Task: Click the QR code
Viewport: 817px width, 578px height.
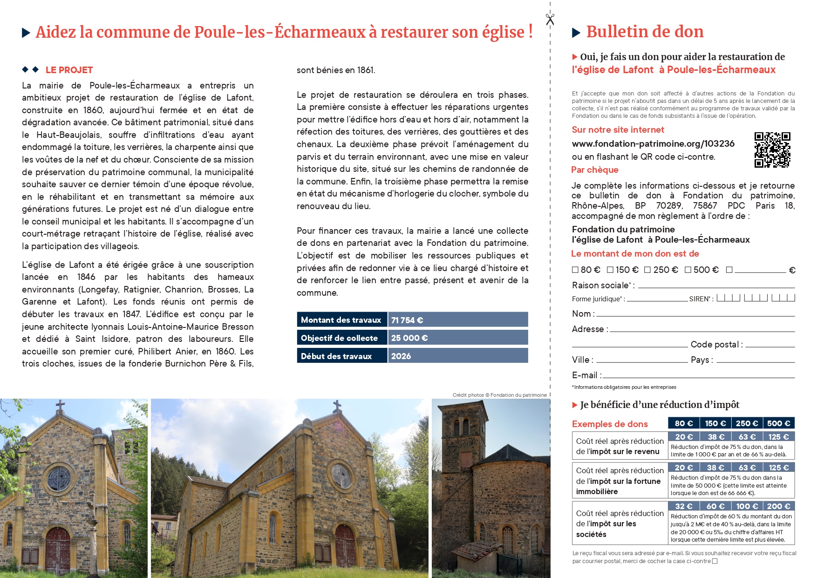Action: (772, 150)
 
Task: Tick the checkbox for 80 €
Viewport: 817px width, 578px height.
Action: (575, 270)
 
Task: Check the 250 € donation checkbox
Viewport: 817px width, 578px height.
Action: (647, 270)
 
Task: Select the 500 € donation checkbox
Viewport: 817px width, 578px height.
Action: (688, 270)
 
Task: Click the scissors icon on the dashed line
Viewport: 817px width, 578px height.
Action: (550, 19)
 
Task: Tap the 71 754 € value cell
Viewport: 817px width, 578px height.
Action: (458, 320)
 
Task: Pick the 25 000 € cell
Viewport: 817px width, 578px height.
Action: (458, 338)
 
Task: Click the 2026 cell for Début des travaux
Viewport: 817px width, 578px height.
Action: (458, 356)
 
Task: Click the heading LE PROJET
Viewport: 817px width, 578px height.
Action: (69, 70)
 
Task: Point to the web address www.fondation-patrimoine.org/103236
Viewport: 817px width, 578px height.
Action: (653, 143)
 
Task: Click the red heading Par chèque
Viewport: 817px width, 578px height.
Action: (595, 170)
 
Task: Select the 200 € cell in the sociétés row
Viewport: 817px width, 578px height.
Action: (778, 506)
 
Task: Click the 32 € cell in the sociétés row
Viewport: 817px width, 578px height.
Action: (683, 506)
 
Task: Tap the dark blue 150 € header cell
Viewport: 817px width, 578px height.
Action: (715, 423)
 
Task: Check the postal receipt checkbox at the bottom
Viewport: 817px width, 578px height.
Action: (715, 561)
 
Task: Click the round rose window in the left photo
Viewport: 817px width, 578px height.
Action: (59, 478)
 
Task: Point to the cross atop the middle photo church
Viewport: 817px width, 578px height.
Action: (337, 406)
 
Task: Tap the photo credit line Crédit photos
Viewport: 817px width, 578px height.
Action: (499, 395)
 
